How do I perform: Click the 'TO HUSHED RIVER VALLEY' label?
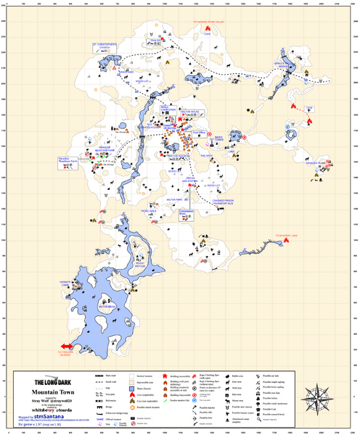[213, 22]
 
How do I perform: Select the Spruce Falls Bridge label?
[283, 65]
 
